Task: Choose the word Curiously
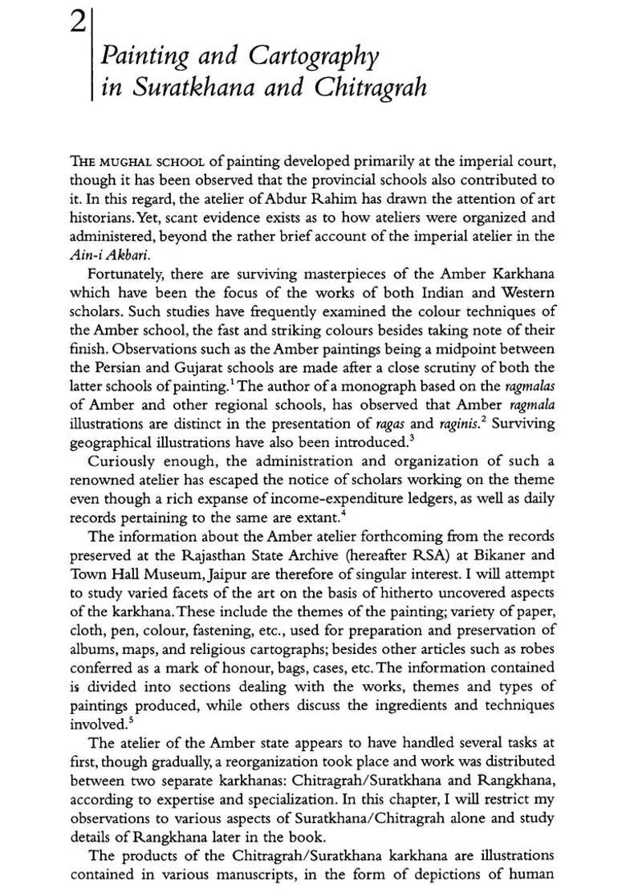coord(122,462)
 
